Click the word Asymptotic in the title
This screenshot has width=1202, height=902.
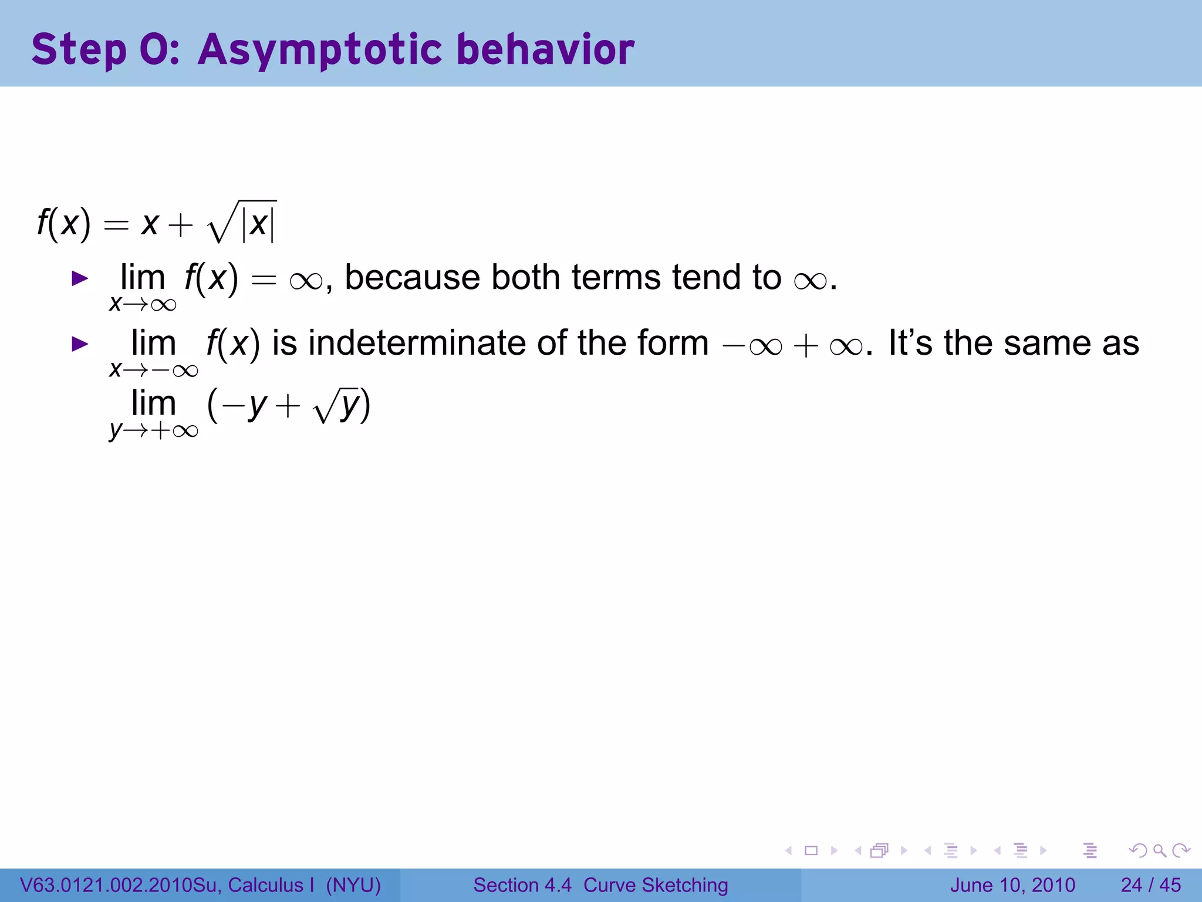coord(320,49)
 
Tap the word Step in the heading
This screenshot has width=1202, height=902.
coord(79,49)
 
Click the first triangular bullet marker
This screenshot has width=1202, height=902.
coord(79,278)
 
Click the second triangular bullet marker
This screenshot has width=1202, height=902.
coord(79,344)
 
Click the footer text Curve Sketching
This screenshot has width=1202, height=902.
coord(655,885)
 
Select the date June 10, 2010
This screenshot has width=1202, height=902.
coord(1012,885)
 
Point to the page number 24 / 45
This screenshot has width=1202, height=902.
coord(1150,885)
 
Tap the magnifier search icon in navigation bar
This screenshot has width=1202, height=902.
coord(1159,850)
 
